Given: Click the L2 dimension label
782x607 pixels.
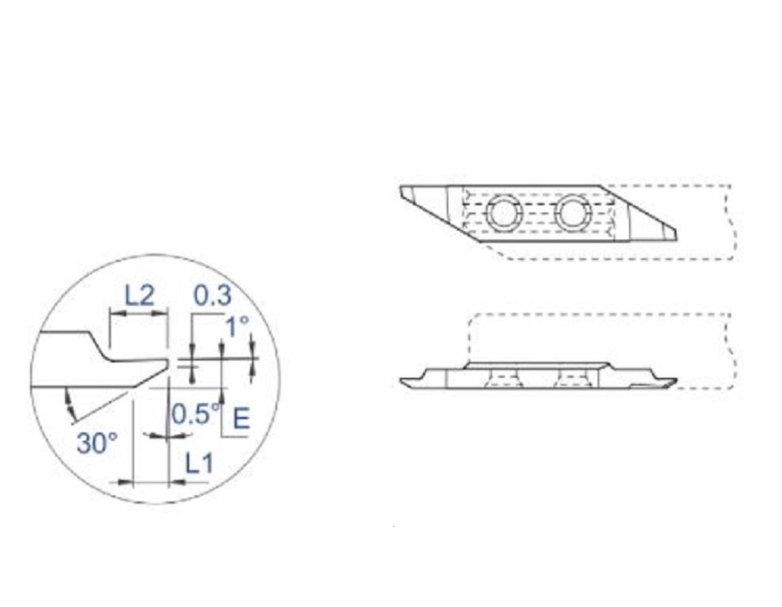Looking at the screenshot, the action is [x=139, y=295].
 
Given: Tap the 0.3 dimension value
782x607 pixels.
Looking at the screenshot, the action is [x=212, y=295].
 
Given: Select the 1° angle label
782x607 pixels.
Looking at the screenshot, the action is [x=237, y=327].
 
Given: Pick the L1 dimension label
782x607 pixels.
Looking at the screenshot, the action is [x=200, y=464].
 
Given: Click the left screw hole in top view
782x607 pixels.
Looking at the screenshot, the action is [x=503, y=213].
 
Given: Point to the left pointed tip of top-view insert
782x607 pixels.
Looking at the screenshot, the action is [x=401, y=187].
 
